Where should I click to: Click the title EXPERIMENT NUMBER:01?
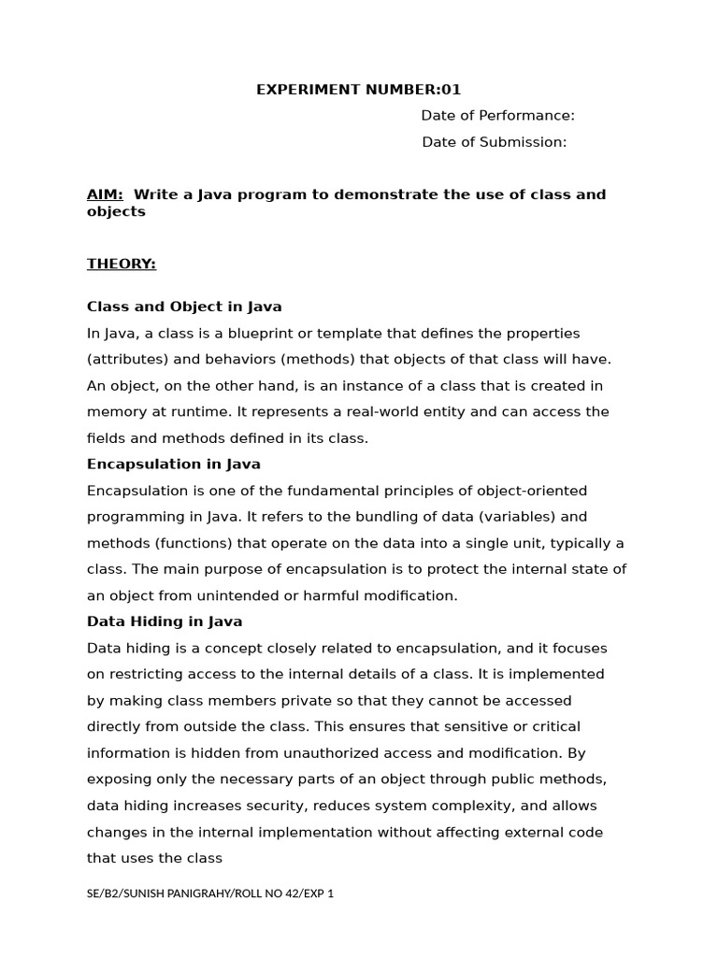[359, 90]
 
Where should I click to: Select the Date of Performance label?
[497, 116]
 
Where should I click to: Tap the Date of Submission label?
[494, 142]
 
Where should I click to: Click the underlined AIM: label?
[105, 194]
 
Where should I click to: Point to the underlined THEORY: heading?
[122, 264]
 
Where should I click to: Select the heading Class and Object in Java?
[184, 307]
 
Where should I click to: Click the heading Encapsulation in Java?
[174, 464]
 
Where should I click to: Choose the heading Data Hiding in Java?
[165, 621]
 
